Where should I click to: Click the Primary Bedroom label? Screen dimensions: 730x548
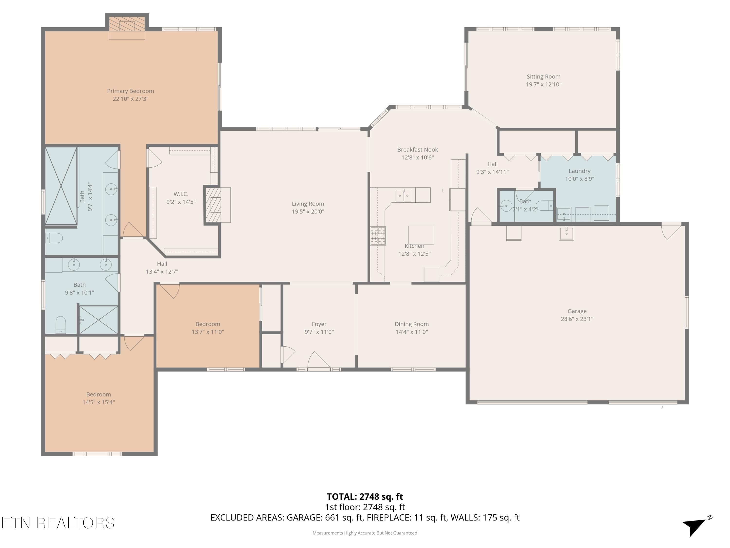tap(130, 91)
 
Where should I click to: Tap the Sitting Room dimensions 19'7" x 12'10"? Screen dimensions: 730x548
tap(544, 85)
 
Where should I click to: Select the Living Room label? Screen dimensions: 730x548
tap(308, 204)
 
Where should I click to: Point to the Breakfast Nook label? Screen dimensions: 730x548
tap(418, 150)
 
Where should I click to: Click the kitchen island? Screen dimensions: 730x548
tap(421, 235)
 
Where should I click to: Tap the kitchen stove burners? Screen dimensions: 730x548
tap(378, 236)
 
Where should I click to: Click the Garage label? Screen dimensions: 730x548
tap(577, 311)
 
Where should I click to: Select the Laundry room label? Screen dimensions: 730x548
tap(580, 171)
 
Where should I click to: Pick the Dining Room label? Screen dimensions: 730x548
tap(411, 324)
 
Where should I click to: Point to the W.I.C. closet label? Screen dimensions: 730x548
tap(181, 194)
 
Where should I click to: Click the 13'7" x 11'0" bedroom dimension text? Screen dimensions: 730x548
tap(208, 332)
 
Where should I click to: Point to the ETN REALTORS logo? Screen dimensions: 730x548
tap(58, 523)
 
